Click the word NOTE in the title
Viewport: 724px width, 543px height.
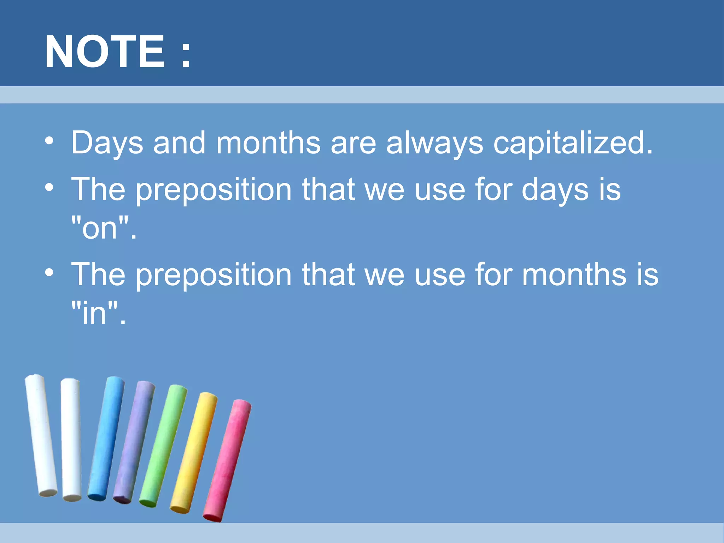(x=105, y=52)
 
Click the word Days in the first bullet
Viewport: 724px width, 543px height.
(x=107, y=143)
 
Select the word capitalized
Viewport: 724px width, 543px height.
(x=572, y=143)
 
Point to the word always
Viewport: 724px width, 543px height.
(x=434, y=143)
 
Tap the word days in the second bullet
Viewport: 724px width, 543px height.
(x=555, y=190)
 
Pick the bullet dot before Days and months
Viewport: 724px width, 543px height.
(x=49, y=141)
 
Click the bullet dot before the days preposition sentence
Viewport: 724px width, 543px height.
(x=49, y=187)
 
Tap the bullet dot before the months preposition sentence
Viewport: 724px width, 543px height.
(x=49, y=272)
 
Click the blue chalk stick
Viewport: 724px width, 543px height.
(x=106, y=438)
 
